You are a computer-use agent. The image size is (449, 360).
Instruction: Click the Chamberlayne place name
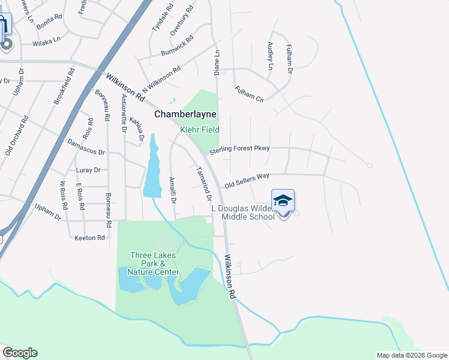185,114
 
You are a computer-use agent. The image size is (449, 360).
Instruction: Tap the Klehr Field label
200,130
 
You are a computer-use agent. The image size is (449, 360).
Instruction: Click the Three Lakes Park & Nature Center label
154,263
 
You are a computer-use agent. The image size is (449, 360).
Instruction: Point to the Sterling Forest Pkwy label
240,149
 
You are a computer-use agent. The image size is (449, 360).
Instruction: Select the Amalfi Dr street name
172,190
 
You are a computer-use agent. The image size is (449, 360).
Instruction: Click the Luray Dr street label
88,170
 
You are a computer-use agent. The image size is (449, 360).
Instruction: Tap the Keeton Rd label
89,238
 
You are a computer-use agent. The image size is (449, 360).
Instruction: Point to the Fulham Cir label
250,94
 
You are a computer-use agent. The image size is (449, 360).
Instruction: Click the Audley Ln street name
270,56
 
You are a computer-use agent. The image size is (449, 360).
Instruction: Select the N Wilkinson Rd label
161,79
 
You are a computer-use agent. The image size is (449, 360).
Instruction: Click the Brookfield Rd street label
64,87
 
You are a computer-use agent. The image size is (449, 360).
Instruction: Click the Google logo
20,353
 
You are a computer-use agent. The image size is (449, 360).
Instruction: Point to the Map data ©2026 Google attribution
411,355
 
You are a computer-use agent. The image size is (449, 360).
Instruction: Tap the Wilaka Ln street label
47,41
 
